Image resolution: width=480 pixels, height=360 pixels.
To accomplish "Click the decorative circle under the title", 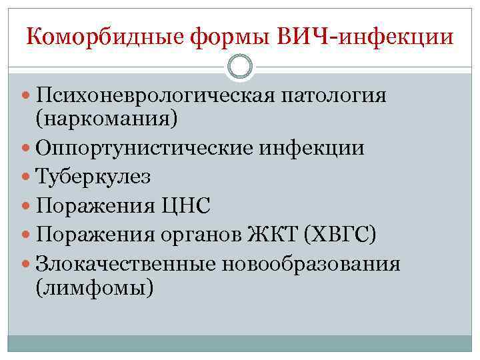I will point(240,66).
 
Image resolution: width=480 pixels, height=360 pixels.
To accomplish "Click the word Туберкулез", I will point(94,177).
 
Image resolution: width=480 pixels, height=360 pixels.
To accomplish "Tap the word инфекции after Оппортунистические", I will point(318,148).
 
